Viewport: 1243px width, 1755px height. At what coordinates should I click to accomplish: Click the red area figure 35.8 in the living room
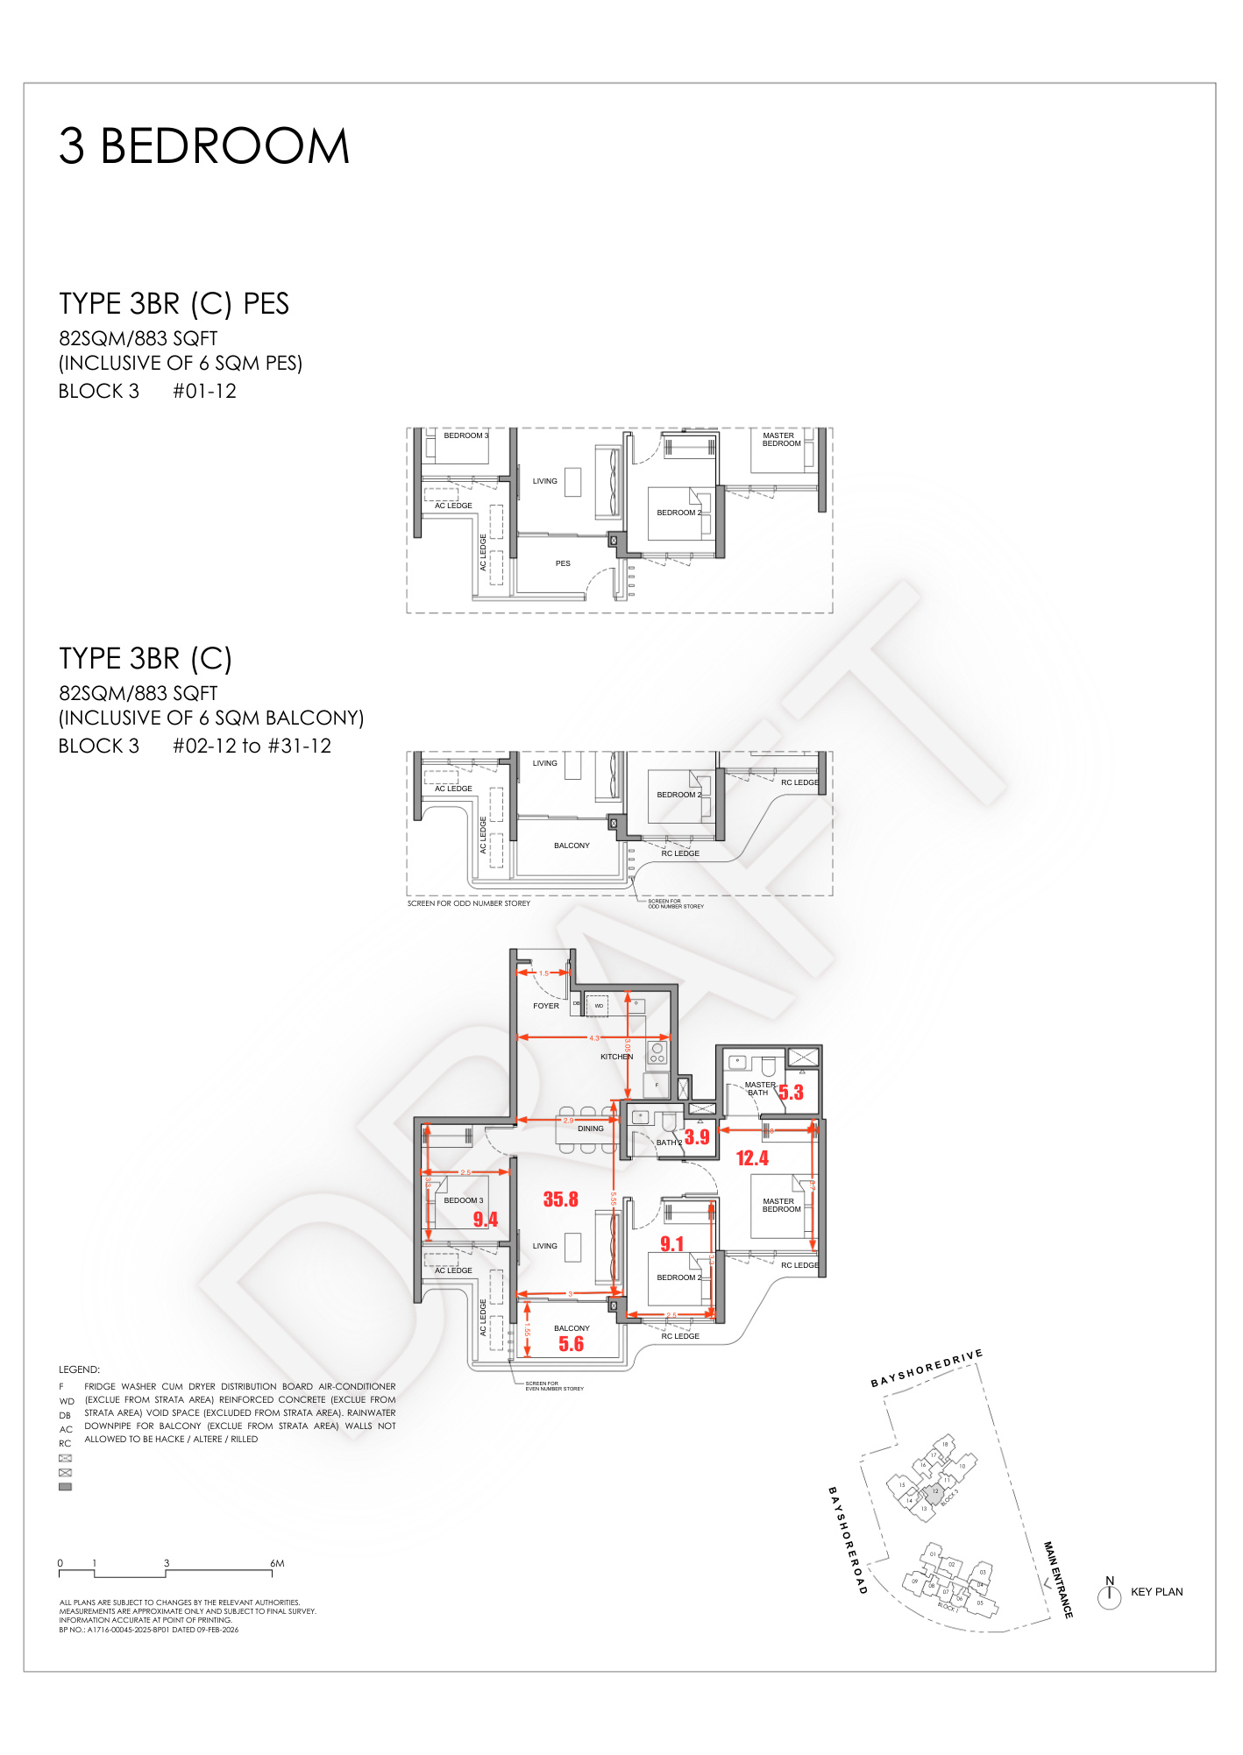(x=560, y=1199)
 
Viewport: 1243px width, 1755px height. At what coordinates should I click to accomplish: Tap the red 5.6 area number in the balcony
(x=571, y=1344)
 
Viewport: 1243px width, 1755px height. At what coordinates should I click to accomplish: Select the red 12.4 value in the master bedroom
(x=752, y=1158)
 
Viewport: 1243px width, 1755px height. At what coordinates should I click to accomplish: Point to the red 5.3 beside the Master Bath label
(x=791, y=1093)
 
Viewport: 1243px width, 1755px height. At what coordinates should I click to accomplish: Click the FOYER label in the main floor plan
(x=545, y=1006)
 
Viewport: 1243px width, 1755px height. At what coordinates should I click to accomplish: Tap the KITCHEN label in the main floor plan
(x=615, y=1057)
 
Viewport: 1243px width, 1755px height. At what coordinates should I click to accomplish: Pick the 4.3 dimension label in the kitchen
(x=594, y=1038)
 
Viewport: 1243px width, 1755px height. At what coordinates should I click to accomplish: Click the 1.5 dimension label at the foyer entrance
(x=543, y=973)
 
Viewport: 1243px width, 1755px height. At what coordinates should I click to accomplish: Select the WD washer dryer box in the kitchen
(x=599, y=1006)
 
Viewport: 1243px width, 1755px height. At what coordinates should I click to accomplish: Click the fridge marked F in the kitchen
(x=657, y=1086)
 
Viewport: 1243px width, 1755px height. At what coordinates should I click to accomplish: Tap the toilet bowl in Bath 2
(x=669, y=1122)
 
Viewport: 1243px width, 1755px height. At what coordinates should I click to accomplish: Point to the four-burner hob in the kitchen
(x=657, y=1053)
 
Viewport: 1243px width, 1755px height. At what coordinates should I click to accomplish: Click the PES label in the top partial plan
(x=563, y=563)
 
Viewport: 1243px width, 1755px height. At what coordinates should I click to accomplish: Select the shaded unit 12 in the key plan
(x=934, y=1492)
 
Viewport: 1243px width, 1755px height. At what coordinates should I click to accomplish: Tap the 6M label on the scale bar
(x=277, y=1563)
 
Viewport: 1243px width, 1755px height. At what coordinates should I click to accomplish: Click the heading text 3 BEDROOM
(x=204, y=145)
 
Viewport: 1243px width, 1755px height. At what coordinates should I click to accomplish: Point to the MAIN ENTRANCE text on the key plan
(x=1058, y=1580)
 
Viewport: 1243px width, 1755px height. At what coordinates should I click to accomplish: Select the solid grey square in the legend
(x=65, y=1487)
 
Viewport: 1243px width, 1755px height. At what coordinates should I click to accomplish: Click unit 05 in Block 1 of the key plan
(x=980, y=1603)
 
